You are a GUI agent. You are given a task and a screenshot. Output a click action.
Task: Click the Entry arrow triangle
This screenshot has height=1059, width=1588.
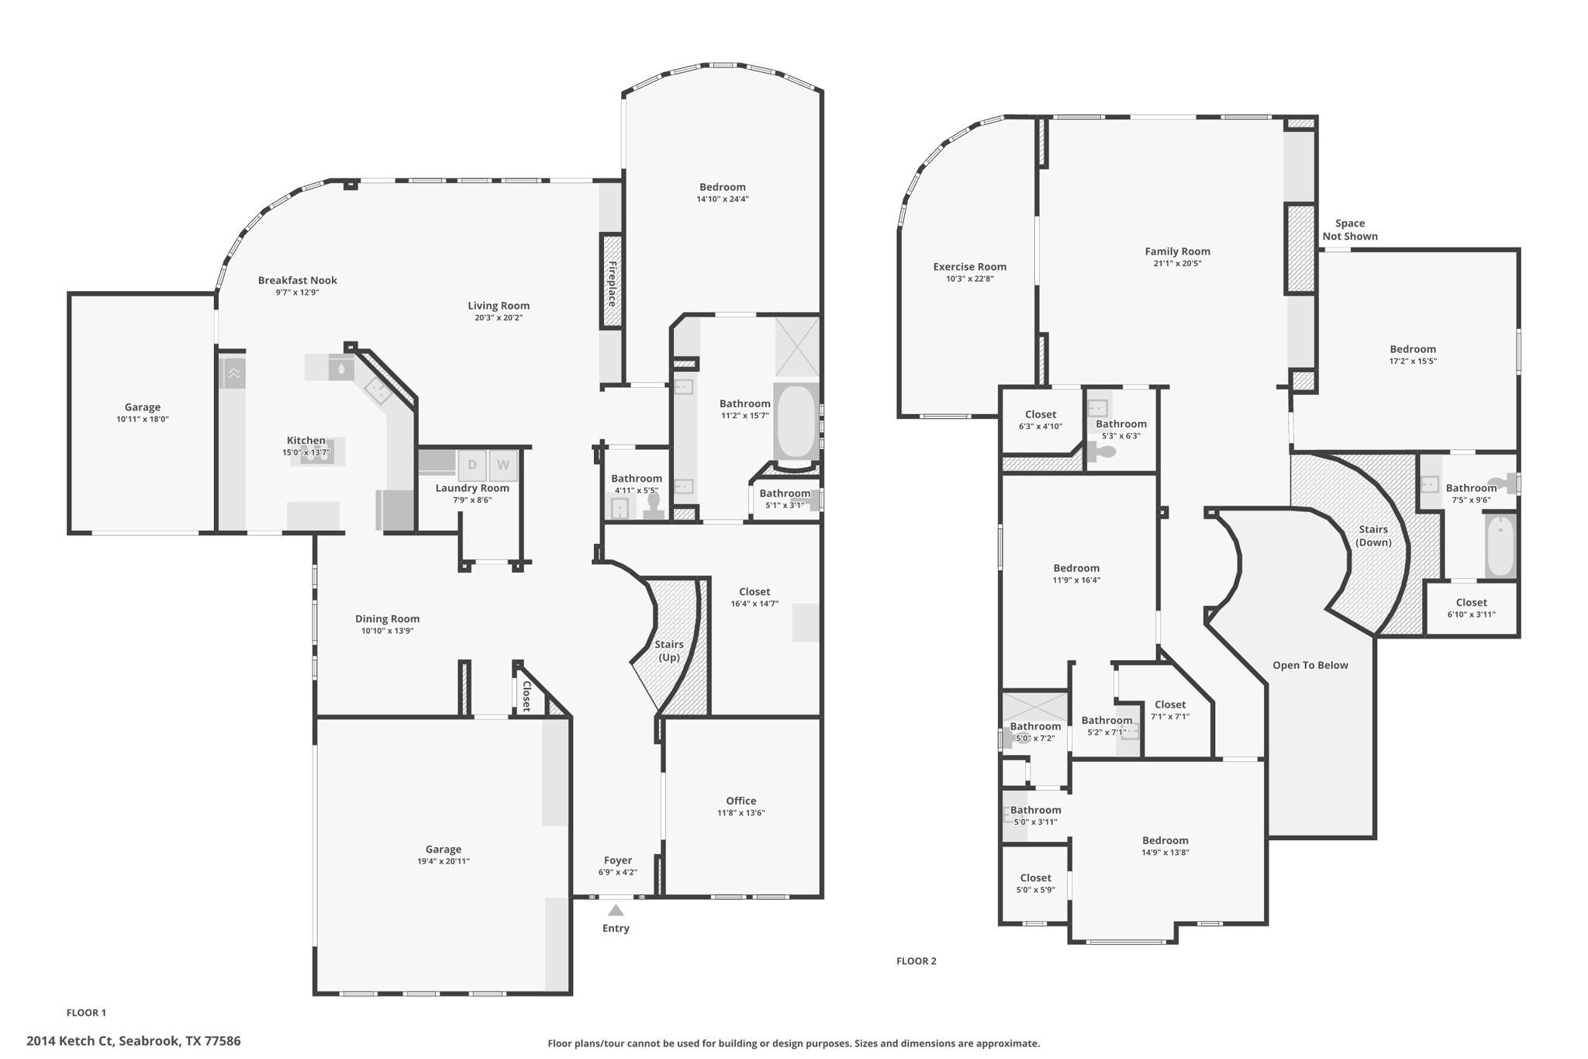click(616, 910)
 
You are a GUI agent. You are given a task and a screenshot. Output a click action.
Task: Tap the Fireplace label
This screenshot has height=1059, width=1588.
click(612, 284)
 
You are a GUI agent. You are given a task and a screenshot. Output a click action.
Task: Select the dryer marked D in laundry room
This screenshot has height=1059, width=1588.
click(471, 465)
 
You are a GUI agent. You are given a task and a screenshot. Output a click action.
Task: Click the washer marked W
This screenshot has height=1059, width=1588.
click(503, 465)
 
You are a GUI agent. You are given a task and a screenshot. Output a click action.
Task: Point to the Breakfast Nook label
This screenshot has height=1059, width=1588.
click(298, 280)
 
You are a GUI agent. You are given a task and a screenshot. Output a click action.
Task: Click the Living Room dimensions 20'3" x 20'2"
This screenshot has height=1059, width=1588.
click(499, 317)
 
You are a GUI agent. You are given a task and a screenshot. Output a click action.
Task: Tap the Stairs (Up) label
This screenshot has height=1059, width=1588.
click(669, 651)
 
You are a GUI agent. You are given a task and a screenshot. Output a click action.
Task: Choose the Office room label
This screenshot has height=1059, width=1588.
click(741, 801)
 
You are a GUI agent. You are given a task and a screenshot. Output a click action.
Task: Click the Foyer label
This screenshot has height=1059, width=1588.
click(618, 860)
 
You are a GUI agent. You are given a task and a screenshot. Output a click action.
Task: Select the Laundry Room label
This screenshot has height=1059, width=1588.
click(472, 488)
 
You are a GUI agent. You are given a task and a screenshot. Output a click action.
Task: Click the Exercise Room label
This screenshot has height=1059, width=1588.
click(970, 267)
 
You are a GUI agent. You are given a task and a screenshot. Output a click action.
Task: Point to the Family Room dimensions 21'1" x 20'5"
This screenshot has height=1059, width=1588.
click(1178, 263)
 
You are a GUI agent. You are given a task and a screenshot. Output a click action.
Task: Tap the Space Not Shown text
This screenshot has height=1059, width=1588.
click(1350, 230)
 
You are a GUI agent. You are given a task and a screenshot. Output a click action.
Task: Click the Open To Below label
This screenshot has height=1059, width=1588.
click(1310, 665)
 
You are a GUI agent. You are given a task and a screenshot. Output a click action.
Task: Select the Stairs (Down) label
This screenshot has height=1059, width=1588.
click(1373, 536)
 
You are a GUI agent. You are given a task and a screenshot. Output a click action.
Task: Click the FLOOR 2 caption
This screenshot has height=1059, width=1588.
click(917, 961)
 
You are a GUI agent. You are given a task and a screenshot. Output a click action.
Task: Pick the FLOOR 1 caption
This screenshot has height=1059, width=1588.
click(86, 1012)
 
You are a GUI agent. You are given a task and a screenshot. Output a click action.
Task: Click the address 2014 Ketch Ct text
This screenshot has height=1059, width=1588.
click(70, 1041)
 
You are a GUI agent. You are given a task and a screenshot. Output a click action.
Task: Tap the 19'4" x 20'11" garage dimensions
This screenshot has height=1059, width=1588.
click(444, 861)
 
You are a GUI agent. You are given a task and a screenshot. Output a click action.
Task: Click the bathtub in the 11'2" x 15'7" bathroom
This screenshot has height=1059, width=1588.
click(796, 424)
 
